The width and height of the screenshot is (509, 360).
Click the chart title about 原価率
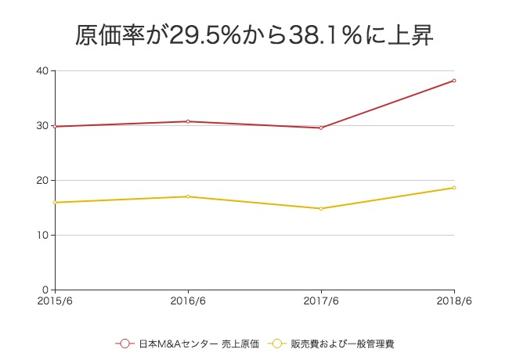pos(254,34)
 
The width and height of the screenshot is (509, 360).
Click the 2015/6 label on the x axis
pos(55,301)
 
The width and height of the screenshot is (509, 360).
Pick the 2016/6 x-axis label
pos(188,301)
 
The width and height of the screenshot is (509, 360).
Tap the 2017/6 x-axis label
pos(321,301)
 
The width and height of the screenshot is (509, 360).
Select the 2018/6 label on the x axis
pos(454,301)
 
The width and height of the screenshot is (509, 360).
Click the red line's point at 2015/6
pos(55,126)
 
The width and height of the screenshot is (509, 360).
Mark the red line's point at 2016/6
pos(188,121)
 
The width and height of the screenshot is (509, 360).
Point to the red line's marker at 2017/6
pos(321,128)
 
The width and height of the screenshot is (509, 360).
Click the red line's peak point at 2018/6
pos(454,81)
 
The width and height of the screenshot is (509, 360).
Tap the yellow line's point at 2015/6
pos(55,202)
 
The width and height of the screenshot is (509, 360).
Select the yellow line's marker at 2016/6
pos(188,196)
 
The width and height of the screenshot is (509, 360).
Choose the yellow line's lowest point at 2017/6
pos(321,208)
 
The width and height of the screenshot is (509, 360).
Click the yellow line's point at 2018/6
pos(454,188)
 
